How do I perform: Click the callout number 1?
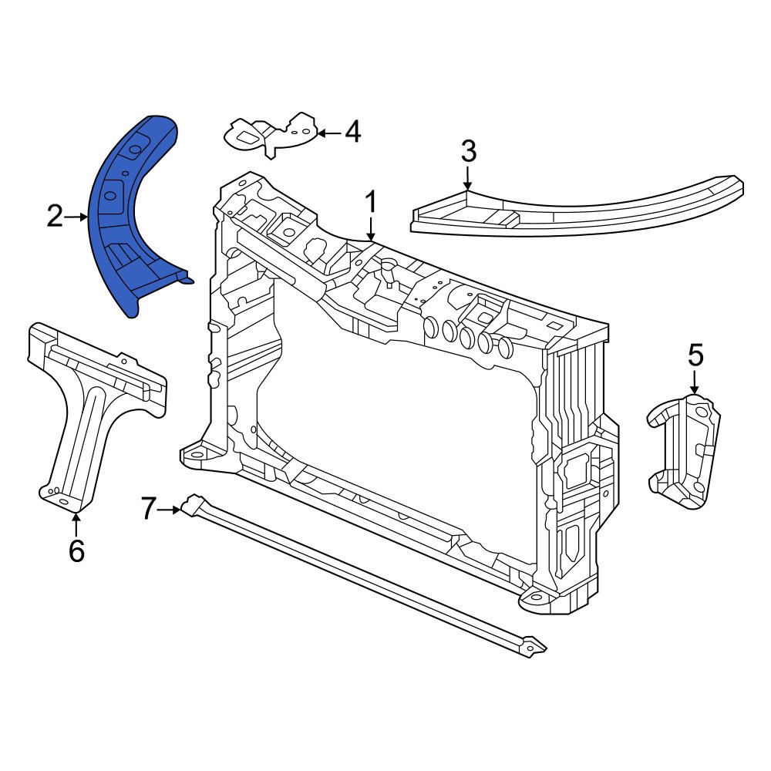(371, 202)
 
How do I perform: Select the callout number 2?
(54, 217)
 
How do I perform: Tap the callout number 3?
(468, 152)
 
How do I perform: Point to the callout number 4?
(352, 133)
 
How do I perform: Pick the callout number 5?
(695, 355)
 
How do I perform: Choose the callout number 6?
(76, 550)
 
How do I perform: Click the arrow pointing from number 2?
(77, 217)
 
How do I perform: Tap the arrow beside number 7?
(172, 509)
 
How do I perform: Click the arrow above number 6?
(76, 524)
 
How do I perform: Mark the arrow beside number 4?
(328, 133)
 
